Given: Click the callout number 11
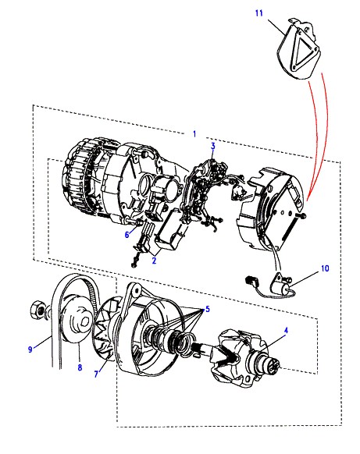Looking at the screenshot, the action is pyautogui.click(x=258, y=13).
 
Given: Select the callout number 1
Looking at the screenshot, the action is pyautogui.click(x=194, y=133).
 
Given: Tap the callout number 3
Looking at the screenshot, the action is pyautogui.click(x=213, y=146).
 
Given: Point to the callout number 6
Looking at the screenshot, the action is pyautogui.click(x=127, y=235).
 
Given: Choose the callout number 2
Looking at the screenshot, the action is pyautogui.click(x=154, y=261).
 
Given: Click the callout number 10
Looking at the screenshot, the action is pyautogui.click(x=325, y=268).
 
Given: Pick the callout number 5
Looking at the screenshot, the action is pyautogui.click(x=208, y=309).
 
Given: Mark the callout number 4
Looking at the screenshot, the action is pyautogui.click(x=286, y=330).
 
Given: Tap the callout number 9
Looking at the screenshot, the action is pyautogui.click(x=30, y=349).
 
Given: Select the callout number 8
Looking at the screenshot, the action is pyautogui.click(x=80, y=367).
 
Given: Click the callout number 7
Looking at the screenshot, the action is pyautogui.click(x=96, y=374).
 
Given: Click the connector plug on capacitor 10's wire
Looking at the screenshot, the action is pyautogui.click(x=250, y=281).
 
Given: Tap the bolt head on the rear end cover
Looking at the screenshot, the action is pyautogui.click(x=303, y=216).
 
